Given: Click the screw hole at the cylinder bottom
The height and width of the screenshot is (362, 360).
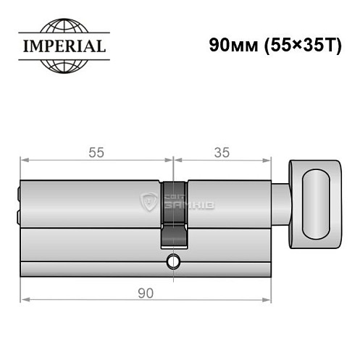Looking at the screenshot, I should pyautogui.click(x=173, y=261).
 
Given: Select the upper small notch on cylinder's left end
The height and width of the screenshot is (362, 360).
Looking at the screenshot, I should pyautogui.click(x=19, y=194).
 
